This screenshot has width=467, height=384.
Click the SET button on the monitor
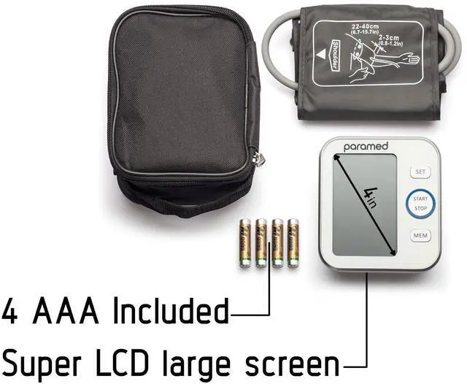[x=420, y=172]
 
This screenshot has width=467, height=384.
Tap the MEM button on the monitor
[x=420, y=236]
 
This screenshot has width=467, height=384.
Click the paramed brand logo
[x=365, y=147]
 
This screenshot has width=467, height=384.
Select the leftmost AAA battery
[x=244, y=242]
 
